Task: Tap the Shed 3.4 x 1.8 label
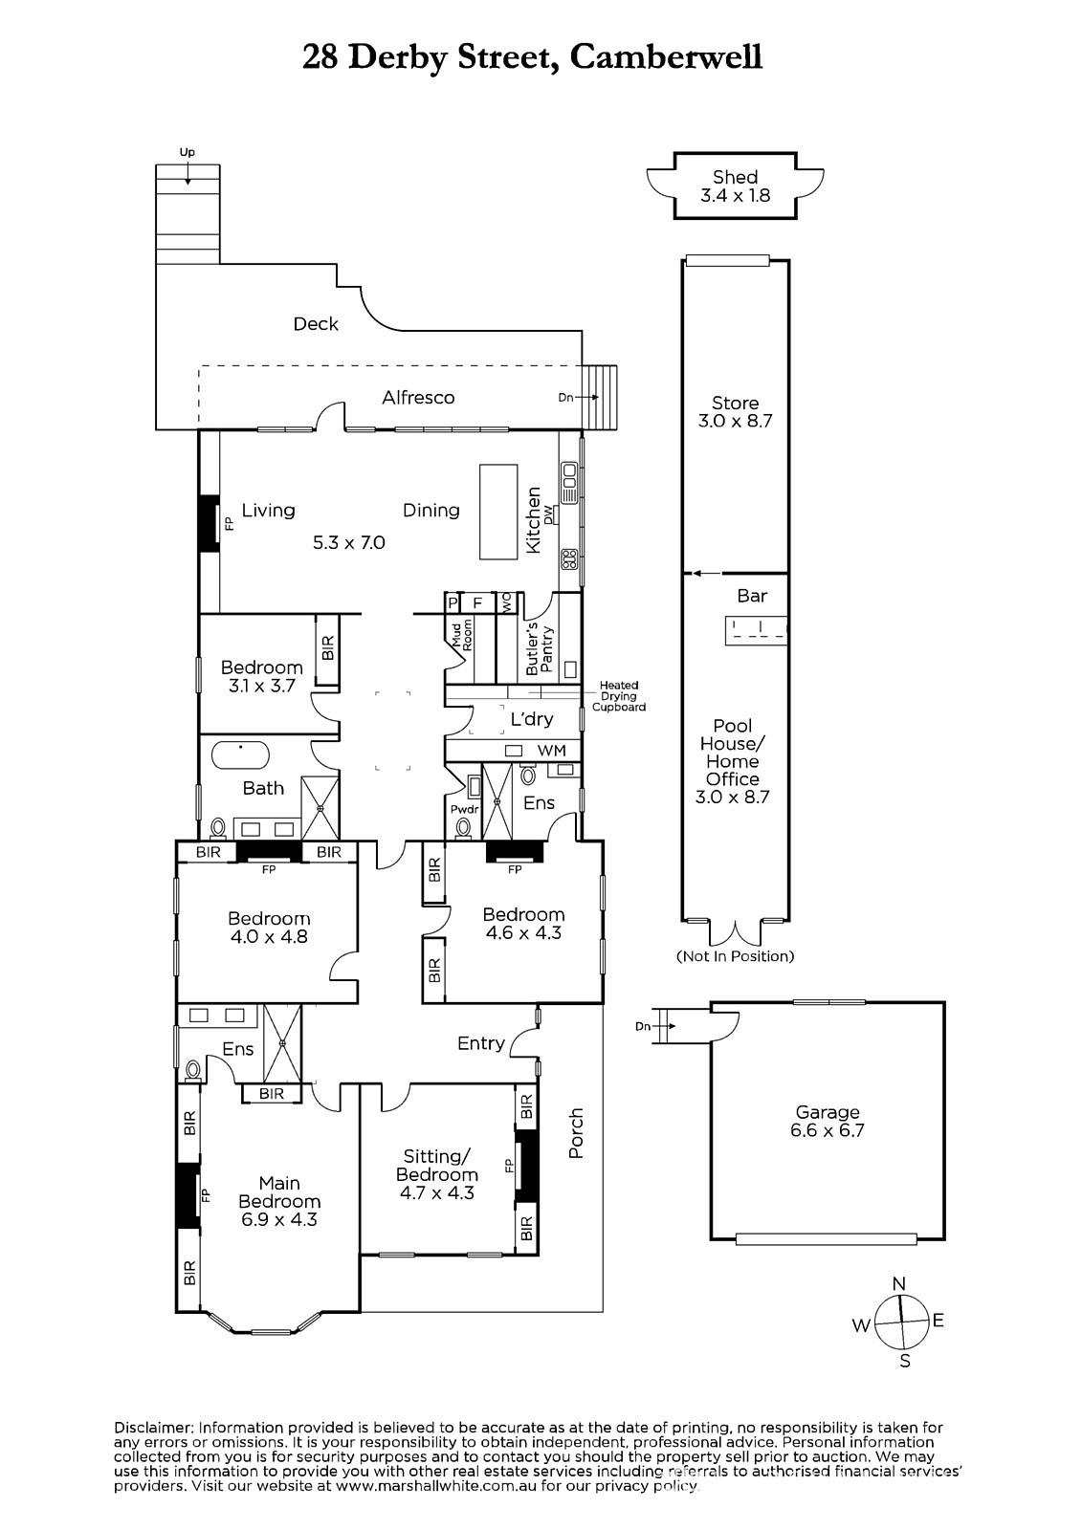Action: pos(735,186)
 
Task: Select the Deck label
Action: pos(316,324)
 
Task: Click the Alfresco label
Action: pos(418,398)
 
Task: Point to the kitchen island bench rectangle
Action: pos(498,512)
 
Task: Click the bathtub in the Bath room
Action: pos(240,755)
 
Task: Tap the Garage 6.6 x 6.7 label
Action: pos(828,1122)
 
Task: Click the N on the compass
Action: pos(899,1283)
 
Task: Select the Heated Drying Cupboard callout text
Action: pos(619,696)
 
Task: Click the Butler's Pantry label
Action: pos(541,648)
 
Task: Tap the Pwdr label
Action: pos(464,809)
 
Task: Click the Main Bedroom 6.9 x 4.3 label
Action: pos(279,1201)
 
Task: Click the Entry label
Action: pos(481,1043)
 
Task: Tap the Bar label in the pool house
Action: pos(752,597)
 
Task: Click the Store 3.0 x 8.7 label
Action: pos(735,412)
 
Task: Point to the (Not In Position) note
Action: pos(735,956)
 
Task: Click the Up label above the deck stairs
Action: pos(188,153)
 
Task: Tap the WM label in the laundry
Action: pos(552,751)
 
